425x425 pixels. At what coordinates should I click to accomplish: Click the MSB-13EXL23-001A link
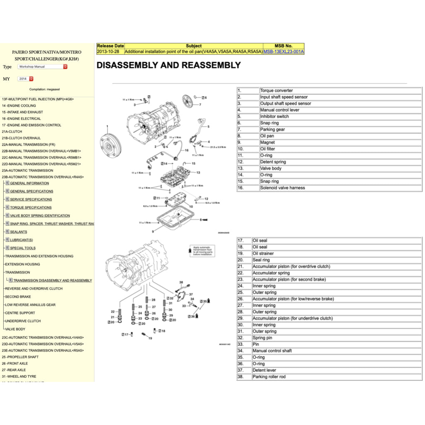coord(283,52)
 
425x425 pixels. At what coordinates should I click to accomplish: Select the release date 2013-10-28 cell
coord(110,52)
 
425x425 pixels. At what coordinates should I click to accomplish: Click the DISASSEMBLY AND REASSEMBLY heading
coord(169,65)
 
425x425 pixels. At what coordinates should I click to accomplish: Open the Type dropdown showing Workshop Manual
coord(42,66)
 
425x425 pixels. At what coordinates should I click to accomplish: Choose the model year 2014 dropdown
coord(25,78)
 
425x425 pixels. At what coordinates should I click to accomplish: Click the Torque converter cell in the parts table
coord(276,90)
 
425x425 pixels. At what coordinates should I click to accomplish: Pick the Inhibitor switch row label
coord(274,117)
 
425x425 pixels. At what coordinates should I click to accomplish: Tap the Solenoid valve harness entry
coord(282,188)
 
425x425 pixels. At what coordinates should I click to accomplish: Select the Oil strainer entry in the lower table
coord(263,254)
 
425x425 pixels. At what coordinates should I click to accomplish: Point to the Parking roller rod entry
coord(269,377)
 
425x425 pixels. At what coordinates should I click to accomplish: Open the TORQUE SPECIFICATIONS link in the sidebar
coord(31,208)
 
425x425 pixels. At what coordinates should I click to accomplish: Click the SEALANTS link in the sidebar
coord(19,232)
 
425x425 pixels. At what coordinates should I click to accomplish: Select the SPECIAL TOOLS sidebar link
coord(23,248)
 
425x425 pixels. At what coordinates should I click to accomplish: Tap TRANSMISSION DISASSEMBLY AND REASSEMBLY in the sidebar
coord(53,281)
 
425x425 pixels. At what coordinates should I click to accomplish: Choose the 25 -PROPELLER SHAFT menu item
coord(20,357)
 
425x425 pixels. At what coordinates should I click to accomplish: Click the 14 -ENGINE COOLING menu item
coord(19,106)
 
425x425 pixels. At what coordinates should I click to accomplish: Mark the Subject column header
coord(193,46)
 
